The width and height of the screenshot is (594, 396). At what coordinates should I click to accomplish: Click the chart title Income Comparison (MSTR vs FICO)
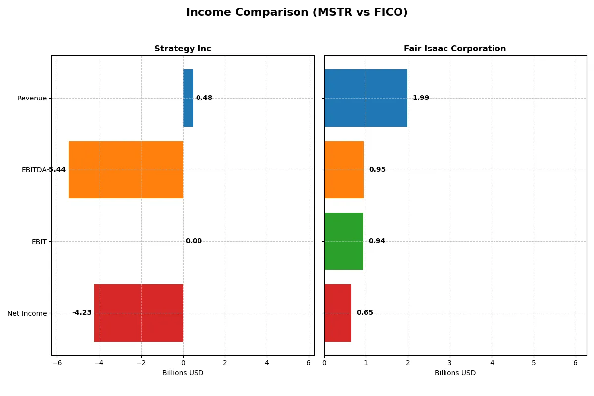(x=297, y=12)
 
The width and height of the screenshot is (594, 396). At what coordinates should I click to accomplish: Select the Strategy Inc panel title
(x=183, y=49)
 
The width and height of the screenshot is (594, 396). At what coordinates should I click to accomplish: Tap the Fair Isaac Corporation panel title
(x=454, y=49)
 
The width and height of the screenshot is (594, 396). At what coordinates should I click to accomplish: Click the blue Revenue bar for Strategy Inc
(x=188, y=98)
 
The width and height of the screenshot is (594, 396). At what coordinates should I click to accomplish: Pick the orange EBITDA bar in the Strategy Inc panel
(x=126, y=170)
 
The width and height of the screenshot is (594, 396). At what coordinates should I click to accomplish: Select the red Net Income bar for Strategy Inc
(x=139, y=313)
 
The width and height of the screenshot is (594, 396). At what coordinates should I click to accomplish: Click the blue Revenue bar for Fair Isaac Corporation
(x=366, y=98)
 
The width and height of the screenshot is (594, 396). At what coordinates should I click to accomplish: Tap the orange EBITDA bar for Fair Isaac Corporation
(x=344, y=170)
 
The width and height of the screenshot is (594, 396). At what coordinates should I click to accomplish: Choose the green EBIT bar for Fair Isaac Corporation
(x=344, y=241)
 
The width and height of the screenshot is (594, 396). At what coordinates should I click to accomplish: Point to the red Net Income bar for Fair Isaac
(x=338, y=313)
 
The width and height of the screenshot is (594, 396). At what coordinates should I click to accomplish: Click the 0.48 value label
(x=204, y=98)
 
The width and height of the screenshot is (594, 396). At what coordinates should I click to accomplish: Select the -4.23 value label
(x=82, y=313)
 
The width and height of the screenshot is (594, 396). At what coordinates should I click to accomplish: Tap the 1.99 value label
(x=421, y=98)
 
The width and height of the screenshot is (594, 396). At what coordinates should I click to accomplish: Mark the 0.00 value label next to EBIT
(x=194, y=241)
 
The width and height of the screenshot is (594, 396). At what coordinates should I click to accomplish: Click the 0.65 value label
(x=365, y=313)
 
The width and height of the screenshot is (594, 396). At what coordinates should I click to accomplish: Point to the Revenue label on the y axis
(x=32, y=98)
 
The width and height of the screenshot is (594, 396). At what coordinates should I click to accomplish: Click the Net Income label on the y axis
(x=27, y=313)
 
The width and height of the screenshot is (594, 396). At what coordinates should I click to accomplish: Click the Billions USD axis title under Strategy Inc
(x=183, y=373)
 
